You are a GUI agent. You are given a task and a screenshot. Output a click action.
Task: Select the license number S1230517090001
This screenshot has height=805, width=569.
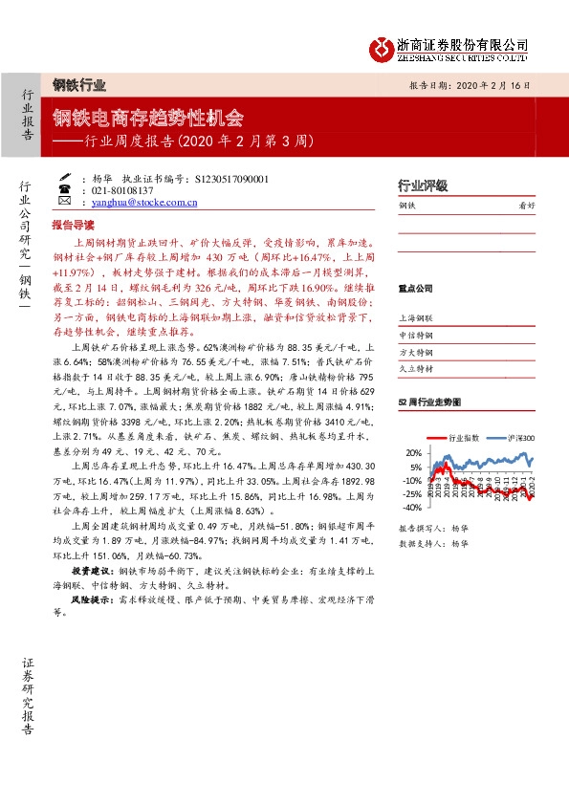[231, 179]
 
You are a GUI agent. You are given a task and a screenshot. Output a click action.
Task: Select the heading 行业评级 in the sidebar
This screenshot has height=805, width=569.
[422, 185]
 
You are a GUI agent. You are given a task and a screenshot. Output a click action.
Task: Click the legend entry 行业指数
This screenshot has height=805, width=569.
[463, 437]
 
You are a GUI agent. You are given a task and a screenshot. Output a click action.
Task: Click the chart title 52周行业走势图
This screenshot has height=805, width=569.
[428, 402]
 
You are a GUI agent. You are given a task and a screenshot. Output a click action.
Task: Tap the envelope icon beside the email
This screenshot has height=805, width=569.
[63, 203]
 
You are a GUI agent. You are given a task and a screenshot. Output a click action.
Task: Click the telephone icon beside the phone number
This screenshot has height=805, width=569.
[63, 190]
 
